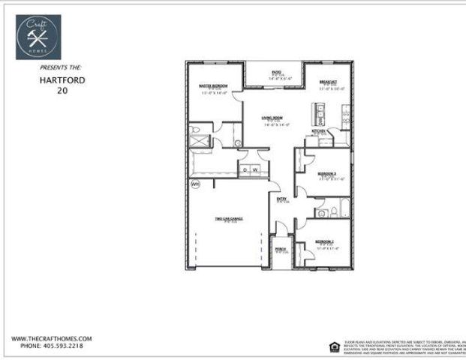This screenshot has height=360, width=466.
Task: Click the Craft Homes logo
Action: pos(38,37)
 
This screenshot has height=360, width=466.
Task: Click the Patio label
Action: pos(277,72)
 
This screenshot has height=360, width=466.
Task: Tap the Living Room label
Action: pos(272,118)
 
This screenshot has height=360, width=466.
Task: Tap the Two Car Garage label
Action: pos(229,219)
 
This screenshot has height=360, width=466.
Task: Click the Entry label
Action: pos(282,199)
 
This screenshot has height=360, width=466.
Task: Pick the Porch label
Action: pos(280,249)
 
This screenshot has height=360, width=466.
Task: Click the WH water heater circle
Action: pos(195,184)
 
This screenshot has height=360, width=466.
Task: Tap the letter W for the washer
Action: pos(255,170)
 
